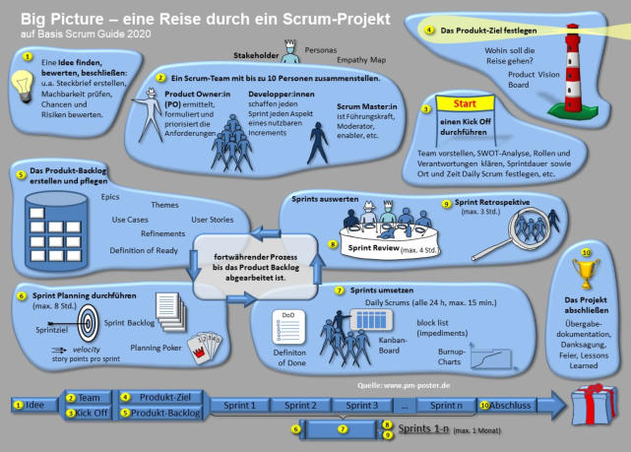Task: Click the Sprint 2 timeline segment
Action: pyautogui.click(x=300, y=405)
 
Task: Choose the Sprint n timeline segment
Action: pyautogui.click(x=446, y=405)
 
